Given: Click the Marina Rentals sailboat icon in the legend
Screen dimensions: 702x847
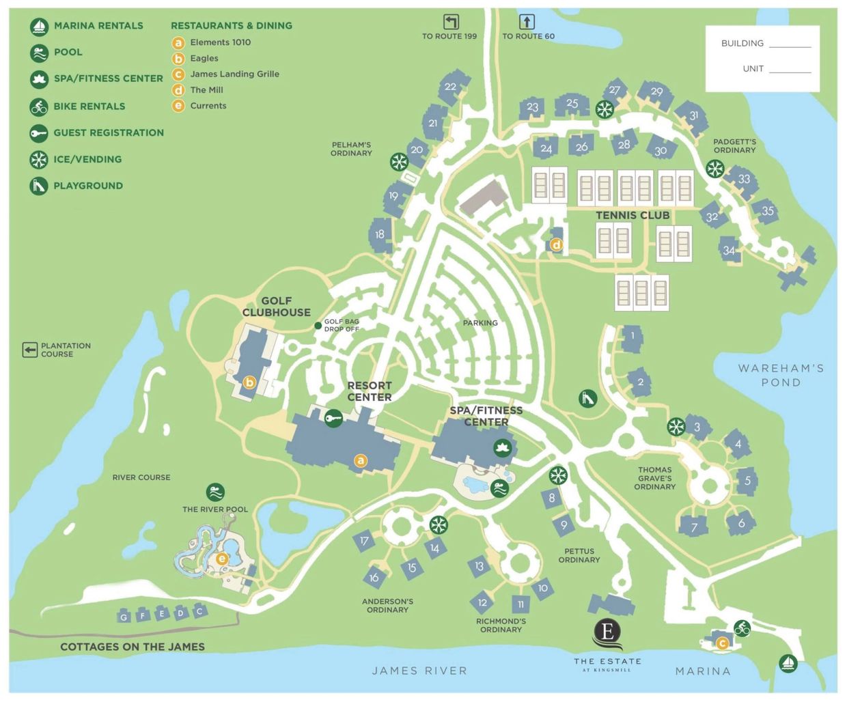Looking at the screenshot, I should [39, 27].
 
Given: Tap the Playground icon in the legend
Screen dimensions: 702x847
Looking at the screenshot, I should [39, 186].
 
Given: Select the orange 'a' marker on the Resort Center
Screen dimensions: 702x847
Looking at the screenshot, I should [361, 461].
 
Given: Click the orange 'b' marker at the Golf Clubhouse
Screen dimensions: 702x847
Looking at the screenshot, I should [249, 382].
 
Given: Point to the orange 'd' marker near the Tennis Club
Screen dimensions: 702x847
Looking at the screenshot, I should [556, 244].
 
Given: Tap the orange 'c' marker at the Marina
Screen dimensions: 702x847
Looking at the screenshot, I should [722, 643].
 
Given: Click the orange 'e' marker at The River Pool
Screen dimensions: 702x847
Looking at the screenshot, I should [221, 559].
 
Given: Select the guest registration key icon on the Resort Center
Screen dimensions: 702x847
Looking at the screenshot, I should [333, 418].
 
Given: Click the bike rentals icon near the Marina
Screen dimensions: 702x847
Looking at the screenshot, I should [742, 628].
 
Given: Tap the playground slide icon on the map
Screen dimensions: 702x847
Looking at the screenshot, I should [587, 398].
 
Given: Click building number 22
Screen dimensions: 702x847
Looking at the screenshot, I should [451, 87].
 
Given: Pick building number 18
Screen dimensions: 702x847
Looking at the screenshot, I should [380, 234].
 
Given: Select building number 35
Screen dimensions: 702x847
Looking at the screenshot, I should [768, 211].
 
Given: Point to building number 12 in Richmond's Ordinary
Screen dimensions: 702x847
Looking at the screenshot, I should [482, 602].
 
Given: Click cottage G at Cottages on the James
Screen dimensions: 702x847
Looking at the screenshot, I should [124, 617].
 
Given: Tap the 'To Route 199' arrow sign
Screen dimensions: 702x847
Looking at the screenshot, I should [451, 22].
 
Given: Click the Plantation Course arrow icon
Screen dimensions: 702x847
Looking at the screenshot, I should [29, 350].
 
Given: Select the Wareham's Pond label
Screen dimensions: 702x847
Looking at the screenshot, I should [781, 375].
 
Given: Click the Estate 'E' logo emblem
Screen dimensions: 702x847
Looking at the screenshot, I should [607, 632].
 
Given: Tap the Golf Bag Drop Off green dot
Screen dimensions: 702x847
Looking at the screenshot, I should [318, 326].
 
